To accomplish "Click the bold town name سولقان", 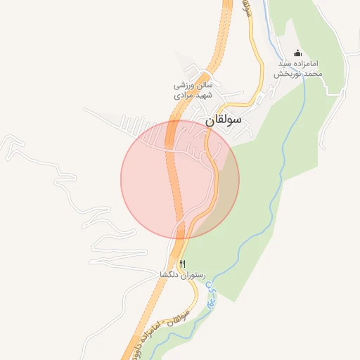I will click(224, 120).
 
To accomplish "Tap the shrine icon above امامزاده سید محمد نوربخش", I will click(297, 53).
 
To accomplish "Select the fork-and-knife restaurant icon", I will click(183, 264).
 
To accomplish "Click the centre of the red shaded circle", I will click(180, 179).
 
